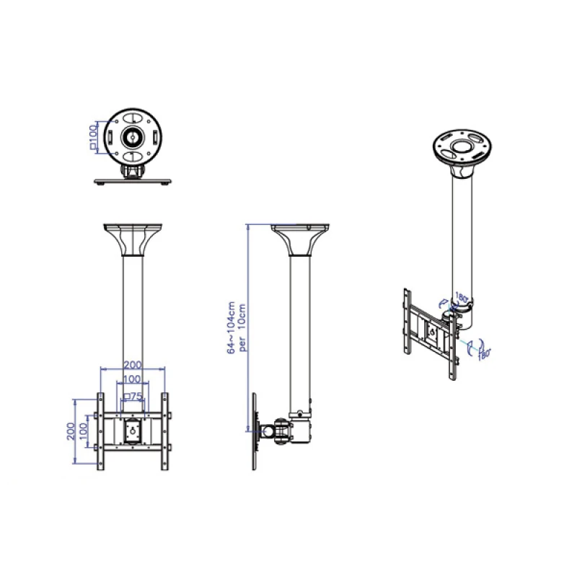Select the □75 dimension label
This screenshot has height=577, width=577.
(x=132, y=396)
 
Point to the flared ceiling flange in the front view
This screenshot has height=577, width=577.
(x=133, y=239)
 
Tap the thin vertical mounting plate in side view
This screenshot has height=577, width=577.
(x=255, y=431)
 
